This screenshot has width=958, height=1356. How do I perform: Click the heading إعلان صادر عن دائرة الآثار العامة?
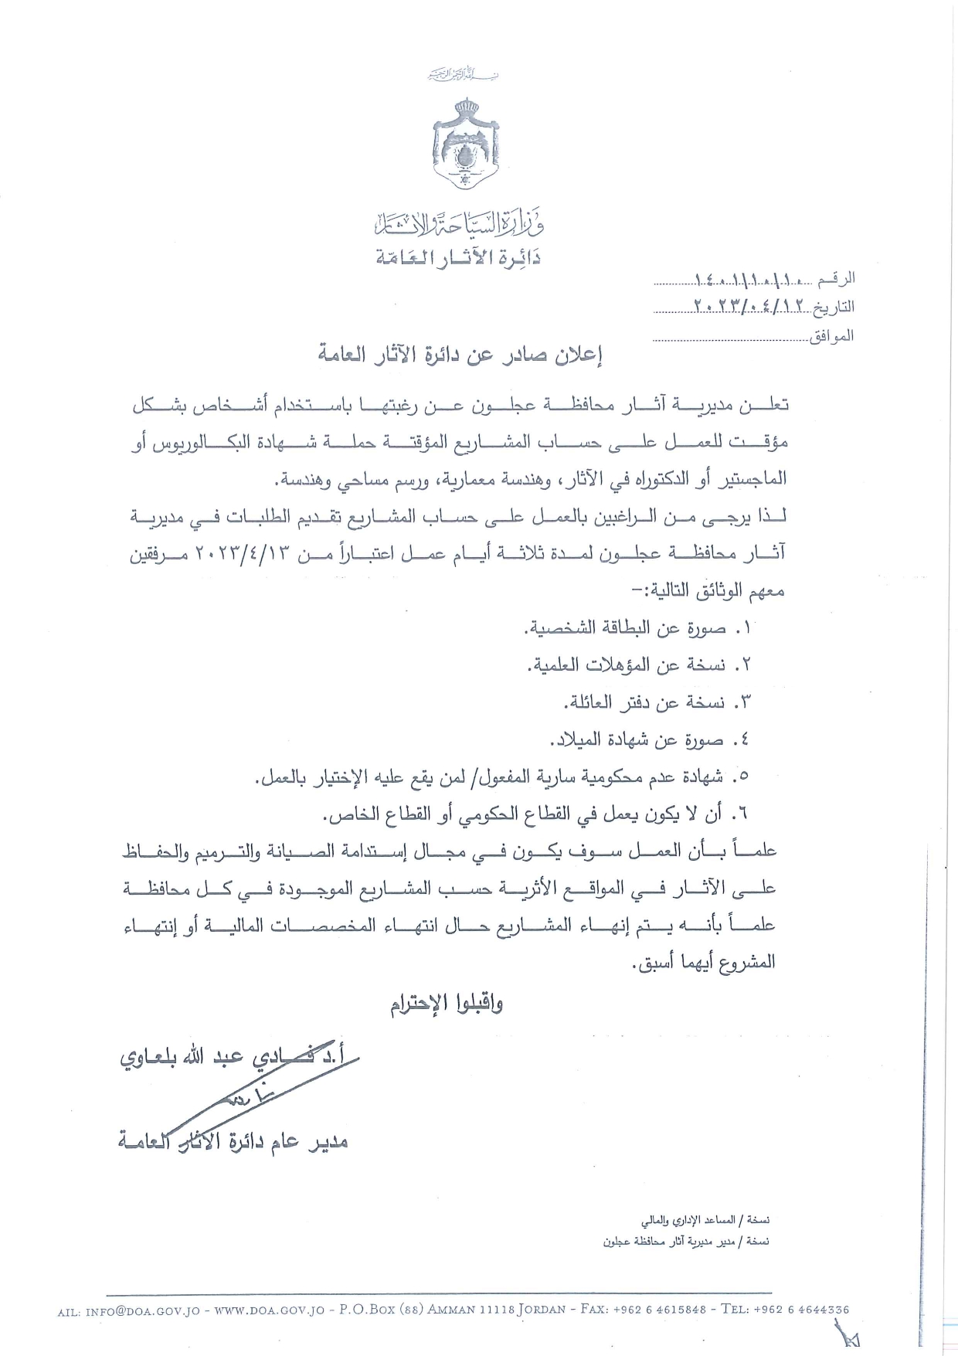461,356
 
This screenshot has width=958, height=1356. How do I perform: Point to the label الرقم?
836,278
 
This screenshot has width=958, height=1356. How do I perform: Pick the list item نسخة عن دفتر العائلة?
657,702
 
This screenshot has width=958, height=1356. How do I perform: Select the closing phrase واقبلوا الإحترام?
446,1005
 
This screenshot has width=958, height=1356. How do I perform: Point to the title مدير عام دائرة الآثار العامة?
233,1140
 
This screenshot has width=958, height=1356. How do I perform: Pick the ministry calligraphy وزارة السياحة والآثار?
459,224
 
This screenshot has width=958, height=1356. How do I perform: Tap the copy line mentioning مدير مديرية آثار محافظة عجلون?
686,1242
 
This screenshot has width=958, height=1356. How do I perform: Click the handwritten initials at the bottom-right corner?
850,1335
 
